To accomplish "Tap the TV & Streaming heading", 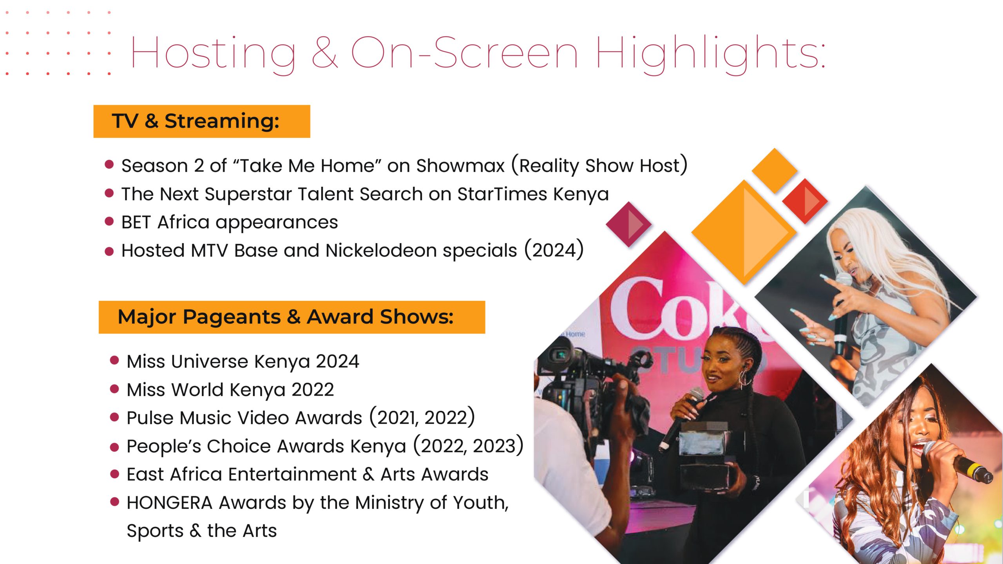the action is (196, 121).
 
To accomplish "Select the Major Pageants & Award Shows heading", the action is (286, 317).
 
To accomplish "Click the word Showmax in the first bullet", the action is (460, 165).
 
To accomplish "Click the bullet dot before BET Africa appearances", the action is (109, 222).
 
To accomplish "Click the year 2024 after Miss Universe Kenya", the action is (338, 361).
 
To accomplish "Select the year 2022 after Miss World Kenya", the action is (313, 390).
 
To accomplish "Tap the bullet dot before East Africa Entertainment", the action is (114, 474).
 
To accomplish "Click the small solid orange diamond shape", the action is (775, 171).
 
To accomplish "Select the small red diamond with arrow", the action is (805, 201).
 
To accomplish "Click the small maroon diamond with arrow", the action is (629, 224).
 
